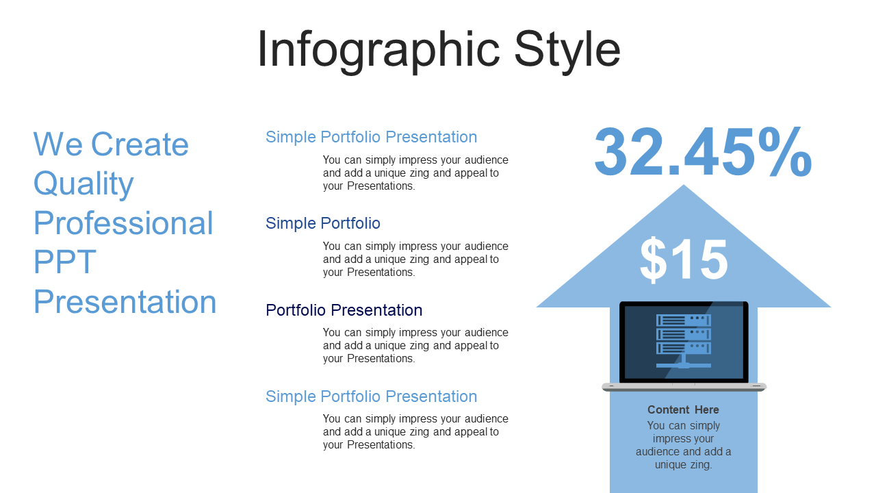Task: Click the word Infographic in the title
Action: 378,51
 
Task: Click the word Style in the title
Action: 567,51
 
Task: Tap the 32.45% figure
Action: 703,151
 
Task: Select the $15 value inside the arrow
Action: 684,260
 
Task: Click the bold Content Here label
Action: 683,409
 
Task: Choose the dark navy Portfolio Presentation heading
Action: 344,310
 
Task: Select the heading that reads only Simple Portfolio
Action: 323,223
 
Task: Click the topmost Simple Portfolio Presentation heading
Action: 372,138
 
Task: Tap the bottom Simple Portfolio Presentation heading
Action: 372,396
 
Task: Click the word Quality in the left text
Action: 83,184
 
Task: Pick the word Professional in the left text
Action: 124,223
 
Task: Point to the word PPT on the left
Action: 65,262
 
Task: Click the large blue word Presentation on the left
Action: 125,301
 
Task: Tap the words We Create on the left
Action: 111,144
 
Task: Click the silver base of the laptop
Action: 684,388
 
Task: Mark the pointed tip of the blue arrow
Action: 684,185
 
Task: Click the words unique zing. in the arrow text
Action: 684,465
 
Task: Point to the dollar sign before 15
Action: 653,260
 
